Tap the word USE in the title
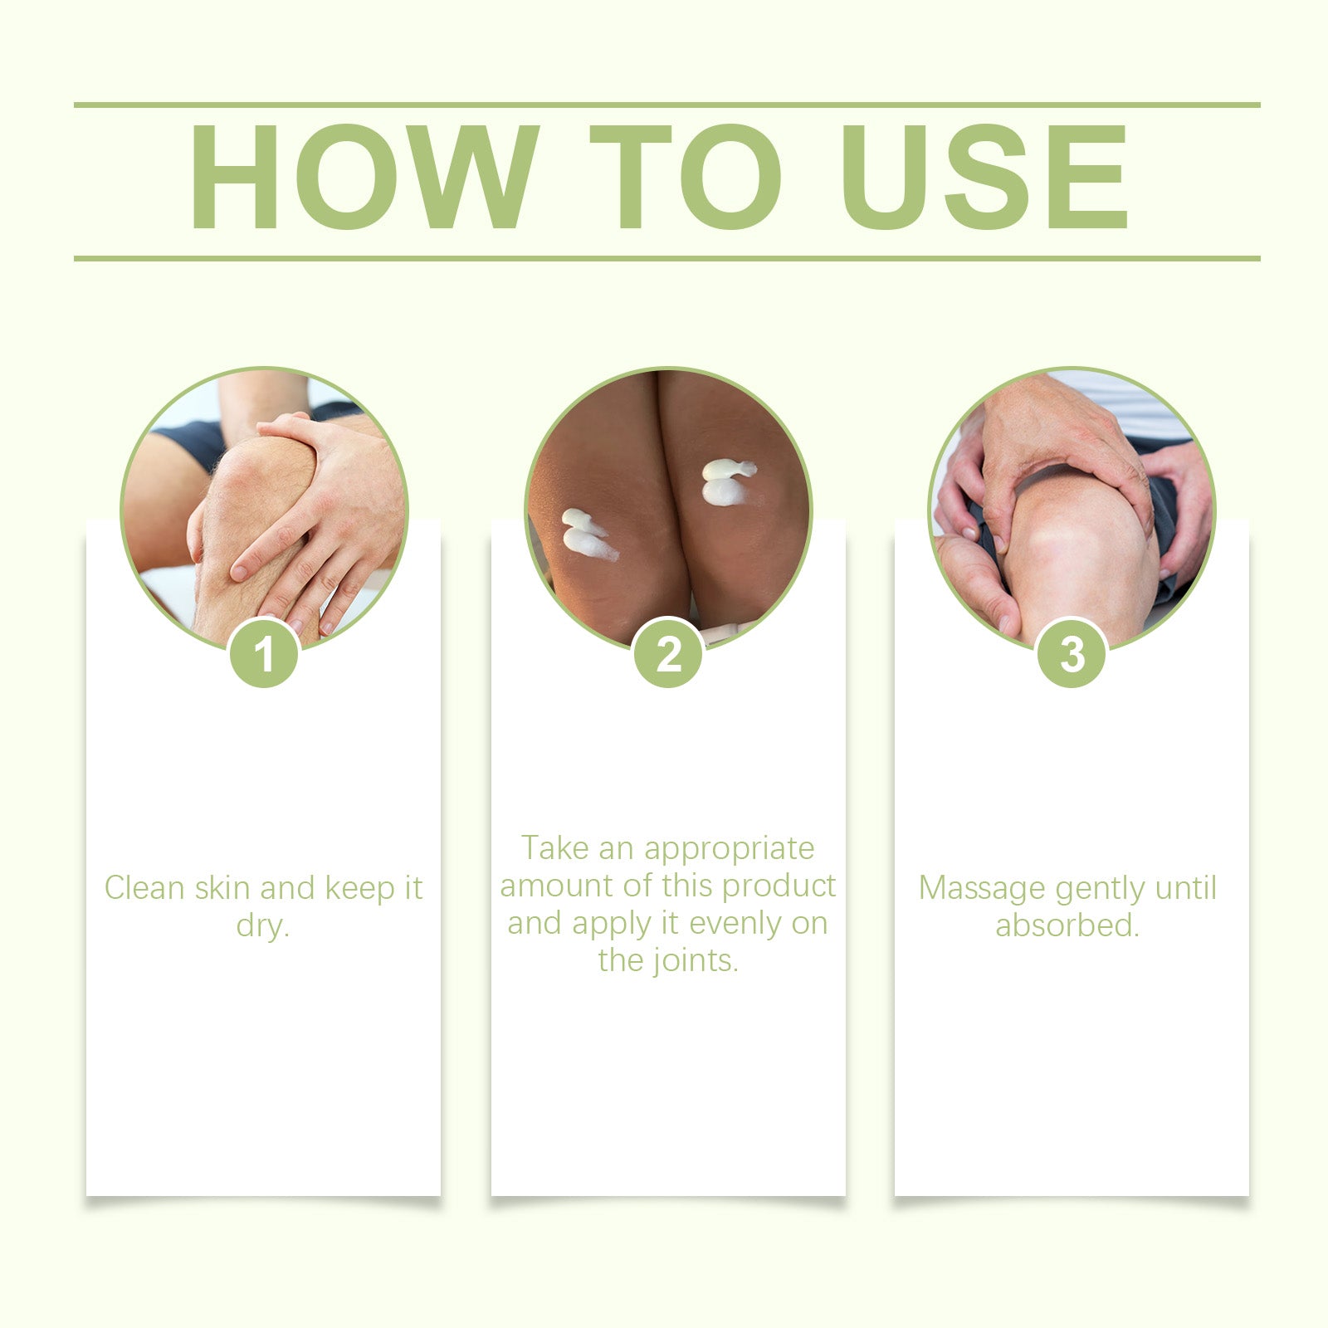[985, 177]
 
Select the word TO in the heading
[686, 177]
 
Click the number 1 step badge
[264, 653]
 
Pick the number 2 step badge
[668, 653]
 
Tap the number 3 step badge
[1072, 653]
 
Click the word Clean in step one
[144, 887]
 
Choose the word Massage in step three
[982, 889]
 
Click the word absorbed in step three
[1067, 925]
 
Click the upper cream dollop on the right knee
[728, 470]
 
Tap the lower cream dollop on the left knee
[588, 543]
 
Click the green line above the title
[666, 105]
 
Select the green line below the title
[666, 258]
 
